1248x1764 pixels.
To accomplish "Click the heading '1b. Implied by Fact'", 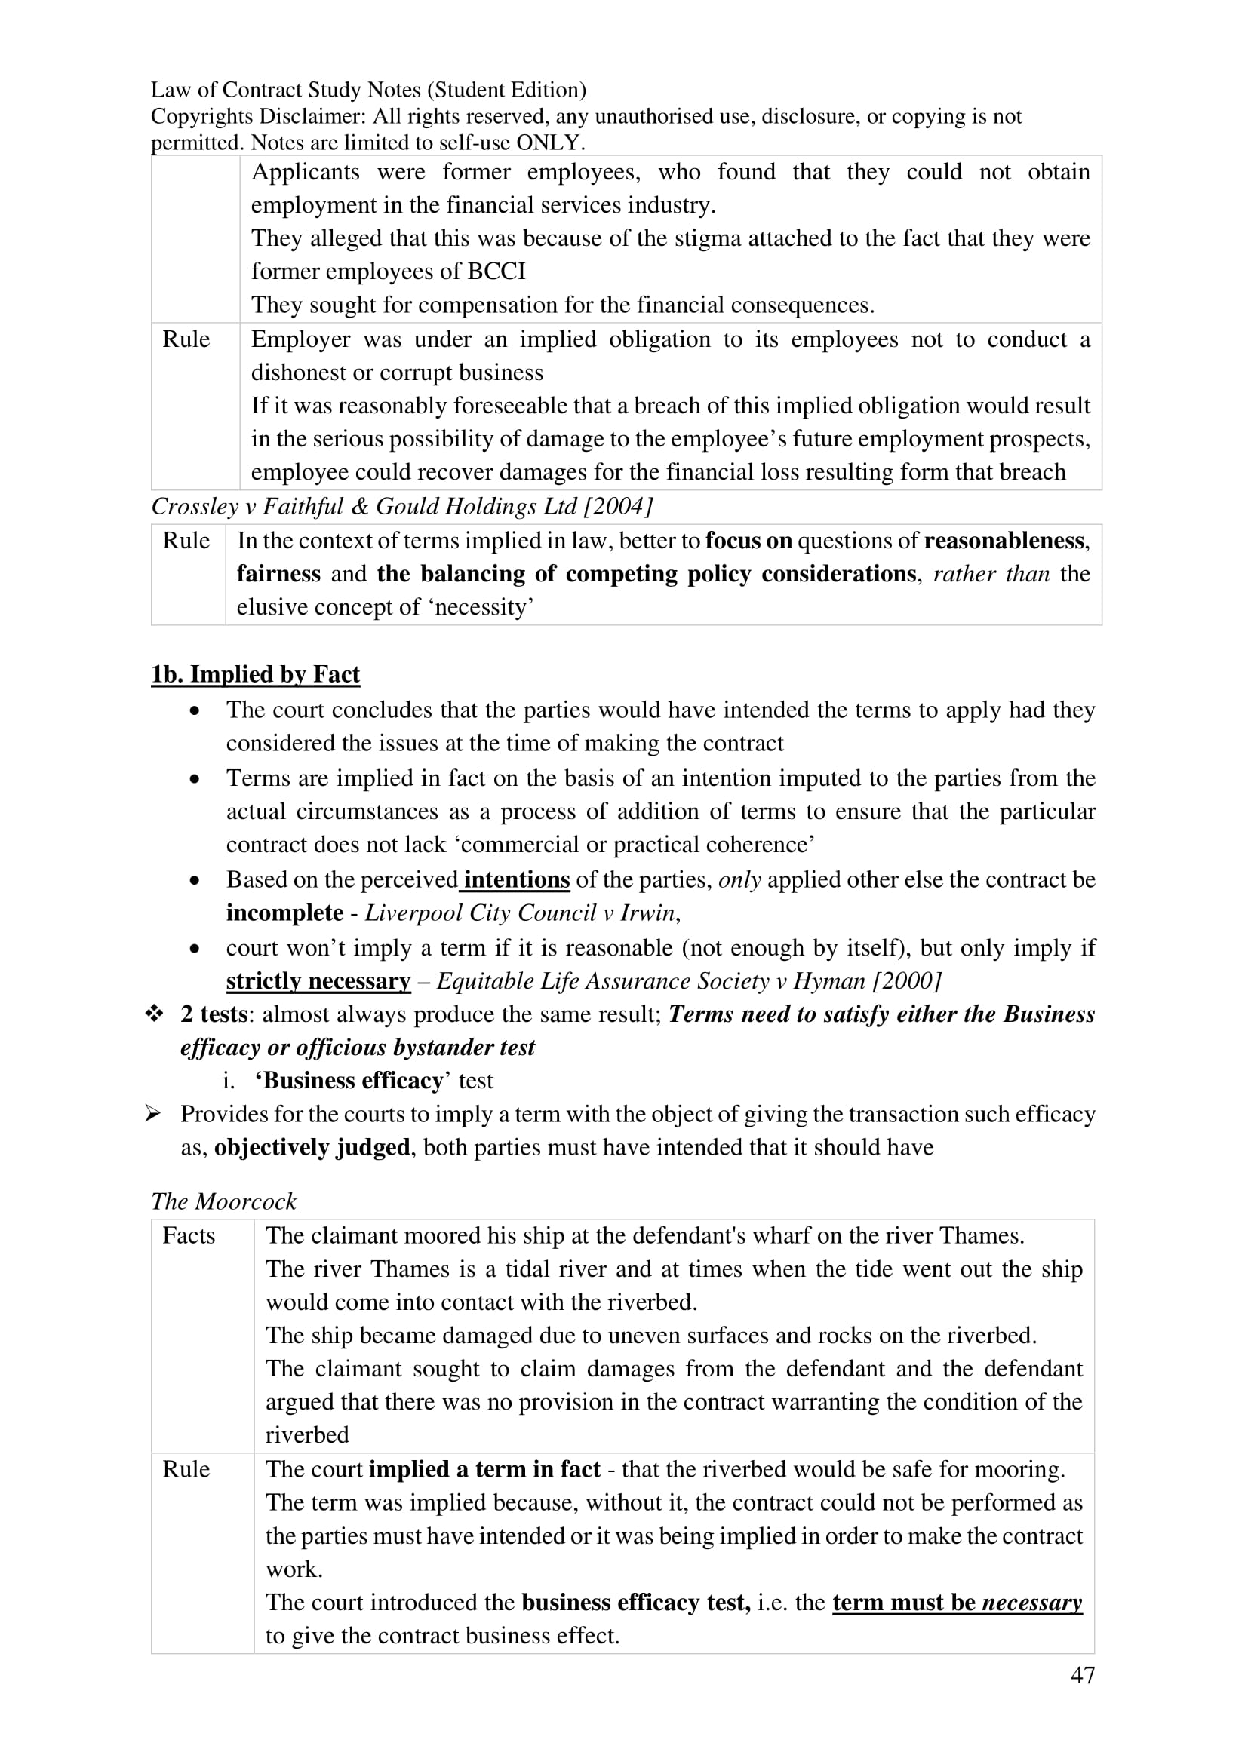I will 255,674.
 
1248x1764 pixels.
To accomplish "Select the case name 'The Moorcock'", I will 223,1201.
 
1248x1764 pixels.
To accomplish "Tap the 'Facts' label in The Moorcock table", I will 189,1235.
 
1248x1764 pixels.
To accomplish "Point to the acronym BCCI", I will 496,272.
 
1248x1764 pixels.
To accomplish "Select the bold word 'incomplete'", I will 284,913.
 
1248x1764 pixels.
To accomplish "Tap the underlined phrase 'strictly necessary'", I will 318,981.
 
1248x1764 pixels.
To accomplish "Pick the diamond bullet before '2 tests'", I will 155,1014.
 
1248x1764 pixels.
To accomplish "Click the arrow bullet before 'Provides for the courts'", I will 154,1113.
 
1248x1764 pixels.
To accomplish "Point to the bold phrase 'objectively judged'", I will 312,1147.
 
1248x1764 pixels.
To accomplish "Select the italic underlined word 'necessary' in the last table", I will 1031,1603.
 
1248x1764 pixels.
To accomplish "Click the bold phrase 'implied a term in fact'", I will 484,1469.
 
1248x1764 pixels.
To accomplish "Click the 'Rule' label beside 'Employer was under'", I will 186,339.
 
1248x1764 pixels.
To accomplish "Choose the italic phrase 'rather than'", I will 991,574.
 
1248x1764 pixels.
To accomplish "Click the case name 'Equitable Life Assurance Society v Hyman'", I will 660,981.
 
